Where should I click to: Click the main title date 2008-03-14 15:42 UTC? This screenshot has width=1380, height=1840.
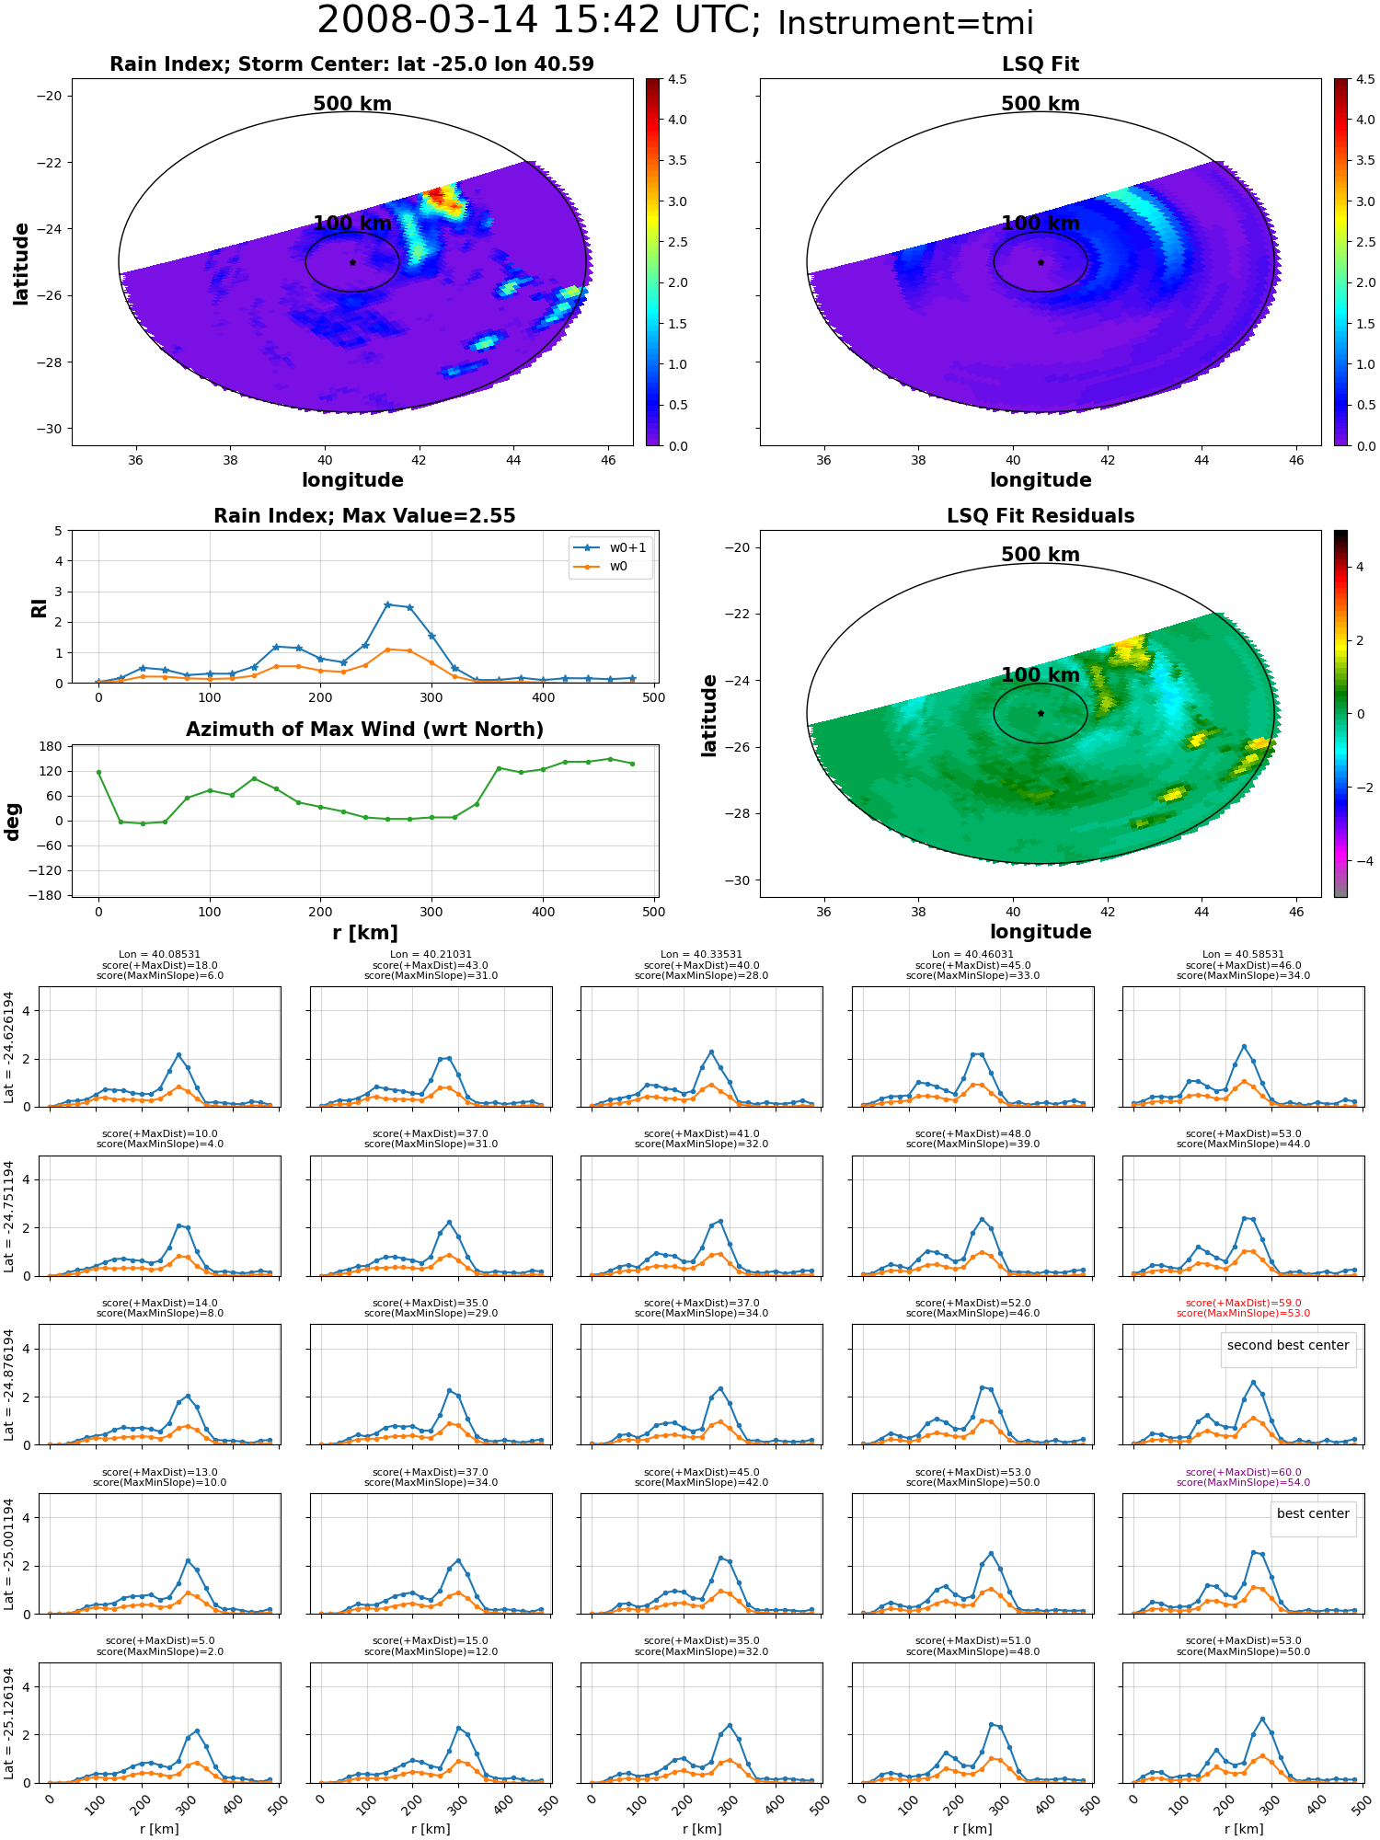[x=538, y=21]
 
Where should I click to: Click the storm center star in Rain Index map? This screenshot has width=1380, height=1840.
[x=352, y=262]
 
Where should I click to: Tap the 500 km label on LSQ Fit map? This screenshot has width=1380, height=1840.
[x=1041, y=104]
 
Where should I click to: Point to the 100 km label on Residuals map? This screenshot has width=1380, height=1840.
[x=1041, y=675]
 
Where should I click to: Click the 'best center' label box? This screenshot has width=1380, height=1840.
[x=1313, y=1513]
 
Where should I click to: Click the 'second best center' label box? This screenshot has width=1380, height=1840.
[x=1288, y=1345]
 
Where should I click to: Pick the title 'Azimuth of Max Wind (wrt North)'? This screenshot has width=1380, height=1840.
[x=364, y=730]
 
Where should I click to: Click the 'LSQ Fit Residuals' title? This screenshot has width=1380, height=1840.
[x=1041, y=516]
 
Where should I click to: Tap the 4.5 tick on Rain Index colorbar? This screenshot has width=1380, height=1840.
[x=677, y=79]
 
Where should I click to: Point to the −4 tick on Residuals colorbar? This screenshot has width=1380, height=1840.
[x=1360, y=861]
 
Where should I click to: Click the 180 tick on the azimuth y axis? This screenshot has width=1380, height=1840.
[x=51, y=746]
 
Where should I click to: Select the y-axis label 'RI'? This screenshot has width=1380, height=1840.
[x=39, y=607]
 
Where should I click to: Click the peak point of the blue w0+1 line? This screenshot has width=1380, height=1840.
[x=387, y=604]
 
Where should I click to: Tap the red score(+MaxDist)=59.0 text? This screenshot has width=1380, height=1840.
[x=1243, y=1303]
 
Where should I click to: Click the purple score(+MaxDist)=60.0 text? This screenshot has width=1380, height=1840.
[x=1243, y=1472]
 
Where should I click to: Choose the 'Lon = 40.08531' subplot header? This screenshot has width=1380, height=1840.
[x=159, y=955]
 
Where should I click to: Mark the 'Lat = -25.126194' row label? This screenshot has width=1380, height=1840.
[x=9, y=1723]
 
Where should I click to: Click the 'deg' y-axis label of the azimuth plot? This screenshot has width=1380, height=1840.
[x=13, y=822]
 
